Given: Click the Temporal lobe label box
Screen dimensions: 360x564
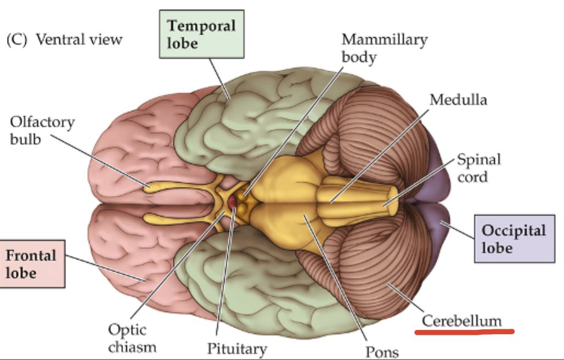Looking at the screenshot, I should point(201,34).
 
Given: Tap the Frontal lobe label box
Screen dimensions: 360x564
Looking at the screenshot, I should point(32,263).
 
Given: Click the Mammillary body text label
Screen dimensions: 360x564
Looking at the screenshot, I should point(383,48).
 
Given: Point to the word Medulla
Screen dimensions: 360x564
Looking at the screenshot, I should point(458,99).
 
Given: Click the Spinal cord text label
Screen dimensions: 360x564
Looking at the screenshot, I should point(478,168).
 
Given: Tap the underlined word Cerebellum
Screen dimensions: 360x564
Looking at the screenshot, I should point(461,321).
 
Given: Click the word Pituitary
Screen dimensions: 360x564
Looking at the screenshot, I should point(236,348).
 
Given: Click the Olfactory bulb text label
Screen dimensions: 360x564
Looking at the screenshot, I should point(42,130).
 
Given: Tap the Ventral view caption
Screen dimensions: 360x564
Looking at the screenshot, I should point(79,40).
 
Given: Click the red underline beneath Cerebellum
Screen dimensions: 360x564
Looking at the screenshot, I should point(464,332).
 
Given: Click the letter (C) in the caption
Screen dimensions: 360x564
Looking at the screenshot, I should point(16,40).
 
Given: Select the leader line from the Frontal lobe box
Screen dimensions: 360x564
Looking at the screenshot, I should point(104,269).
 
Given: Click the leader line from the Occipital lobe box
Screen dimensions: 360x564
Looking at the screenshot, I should point(459,230).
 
